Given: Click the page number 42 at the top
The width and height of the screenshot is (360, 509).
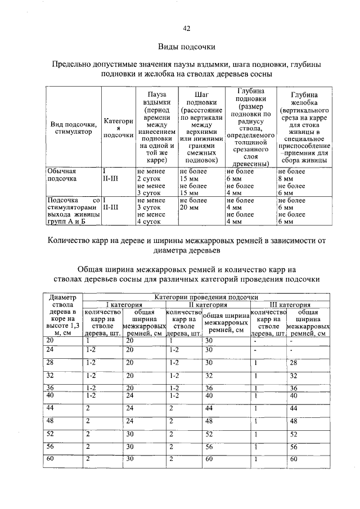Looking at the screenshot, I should tap(186, 29).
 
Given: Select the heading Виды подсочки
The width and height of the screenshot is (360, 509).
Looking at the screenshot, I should tap(186, 47).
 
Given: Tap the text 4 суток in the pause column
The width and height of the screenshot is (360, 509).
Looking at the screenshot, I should tap(149, 222).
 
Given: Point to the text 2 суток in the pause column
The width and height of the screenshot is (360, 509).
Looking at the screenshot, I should tap(149, 179).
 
